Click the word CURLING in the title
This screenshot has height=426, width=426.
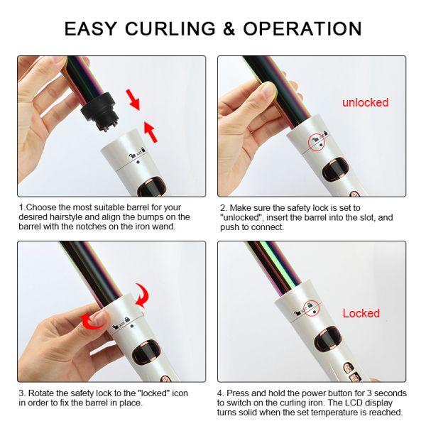tap(170, 28)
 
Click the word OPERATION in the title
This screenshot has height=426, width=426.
tap(302, 28)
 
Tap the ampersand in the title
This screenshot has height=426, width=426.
tap(229, 28)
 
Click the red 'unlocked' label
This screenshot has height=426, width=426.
tap(365, 102)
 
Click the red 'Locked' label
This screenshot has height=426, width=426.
tap(361, 313)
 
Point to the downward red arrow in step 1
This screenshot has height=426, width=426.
tap(133, 99)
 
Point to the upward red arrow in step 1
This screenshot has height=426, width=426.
tap(151, 132)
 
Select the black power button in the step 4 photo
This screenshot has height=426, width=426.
tap(328, 340)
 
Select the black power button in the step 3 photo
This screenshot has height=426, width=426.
tap(146, 352)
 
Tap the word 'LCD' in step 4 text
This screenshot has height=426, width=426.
tap(355, 403)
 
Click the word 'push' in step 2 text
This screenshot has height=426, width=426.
tap(229, 227)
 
